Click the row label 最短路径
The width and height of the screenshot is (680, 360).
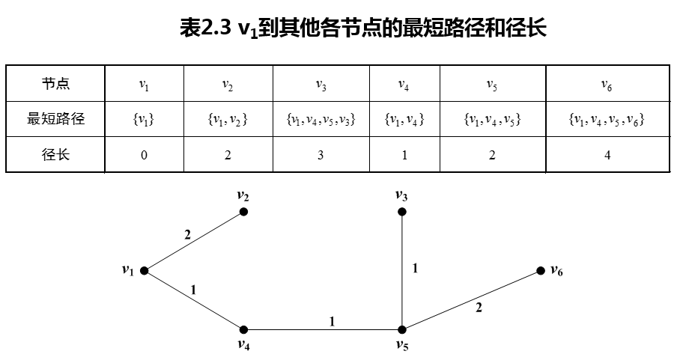click(x=55, y=118)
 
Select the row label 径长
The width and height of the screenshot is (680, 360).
click(x=55, y=155)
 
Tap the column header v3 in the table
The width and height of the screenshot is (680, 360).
click(x=321, y=85)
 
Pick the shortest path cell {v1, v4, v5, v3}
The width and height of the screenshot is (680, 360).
click(x=321, y=119)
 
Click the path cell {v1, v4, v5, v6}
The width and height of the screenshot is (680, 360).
click(x=606, y=119)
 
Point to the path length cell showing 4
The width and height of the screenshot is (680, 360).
click(x=607, y=156)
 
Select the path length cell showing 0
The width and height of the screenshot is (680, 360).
click(x=144, y=156)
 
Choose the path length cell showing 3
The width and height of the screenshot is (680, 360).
click(x=321, y=156)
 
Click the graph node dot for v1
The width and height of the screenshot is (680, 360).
click(x=143, y=270)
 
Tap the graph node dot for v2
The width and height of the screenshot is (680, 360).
click(x=243, y=212)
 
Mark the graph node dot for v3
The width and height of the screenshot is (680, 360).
click(x=402, y=212)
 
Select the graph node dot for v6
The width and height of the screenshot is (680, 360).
click(x=540, y=270)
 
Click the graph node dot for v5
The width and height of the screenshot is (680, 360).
click(x=402, y=329)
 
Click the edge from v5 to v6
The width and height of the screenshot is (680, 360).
click(x=471, y=300)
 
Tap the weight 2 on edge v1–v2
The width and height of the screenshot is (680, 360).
click(x=187, y=235)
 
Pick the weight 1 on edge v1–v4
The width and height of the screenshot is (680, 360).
click(x=194, y=289)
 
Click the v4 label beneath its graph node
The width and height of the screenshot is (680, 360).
click(x=243, y=345)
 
